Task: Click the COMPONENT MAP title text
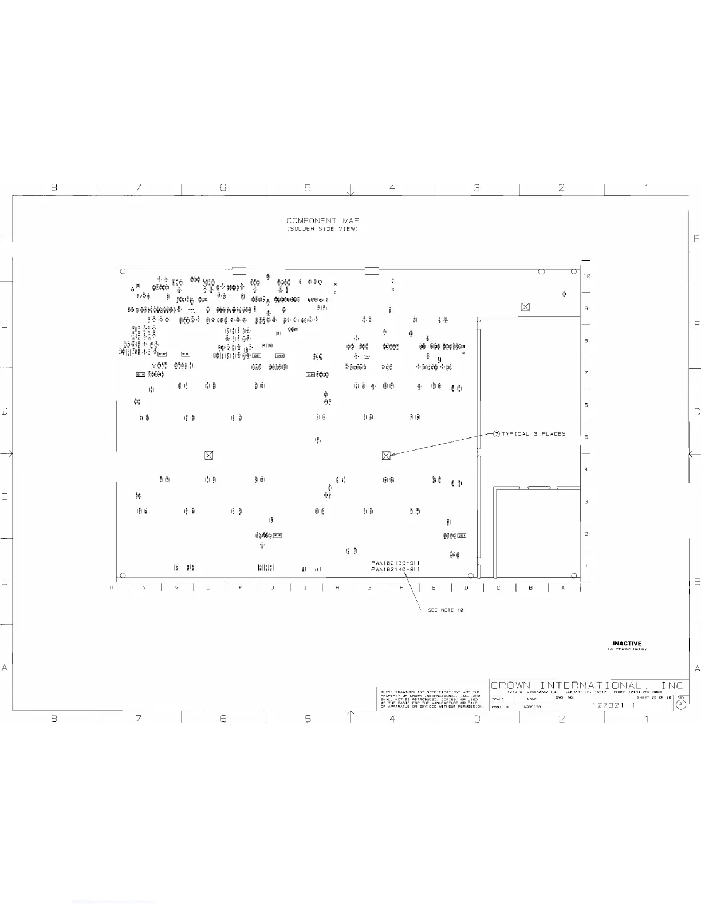(x=322, y=220)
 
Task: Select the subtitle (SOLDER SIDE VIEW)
(x=322, y=229)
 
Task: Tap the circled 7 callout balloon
(x=497, y=433)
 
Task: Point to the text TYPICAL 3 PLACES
(x=533, y=434)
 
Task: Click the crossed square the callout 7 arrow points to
(x=386, y=455)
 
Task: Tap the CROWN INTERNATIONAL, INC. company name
(x=589, y=685)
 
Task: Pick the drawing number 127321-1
(x=613, y=705)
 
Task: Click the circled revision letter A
(x=681, y=705)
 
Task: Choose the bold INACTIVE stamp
(x=627, y=644)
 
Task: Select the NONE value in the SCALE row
(x=531, y=699)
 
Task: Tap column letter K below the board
(x=241, y=587)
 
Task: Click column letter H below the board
(x=337, y=587)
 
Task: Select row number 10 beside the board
(x=587, y=276)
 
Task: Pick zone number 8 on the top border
(x=54, y=187)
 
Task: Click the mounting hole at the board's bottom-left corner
(x=123, y=576)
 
